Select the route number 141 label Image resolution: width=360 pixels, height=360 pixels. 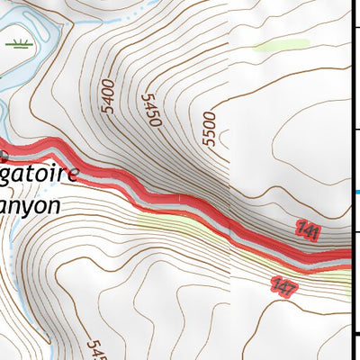tap(308, 232)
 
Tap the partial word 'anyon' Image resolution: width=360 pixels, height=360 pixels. tap(31, 205)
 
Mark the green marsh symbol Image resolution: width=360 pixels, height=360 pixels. tap(17, 42)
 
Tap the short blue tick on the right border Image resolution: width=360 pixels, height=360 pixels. tap(355, 192)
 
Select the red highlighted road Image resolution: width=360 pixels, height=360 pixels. tap(180, 203)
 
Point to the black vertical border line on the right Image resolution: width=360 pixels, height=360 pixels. tap(350, 90)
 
